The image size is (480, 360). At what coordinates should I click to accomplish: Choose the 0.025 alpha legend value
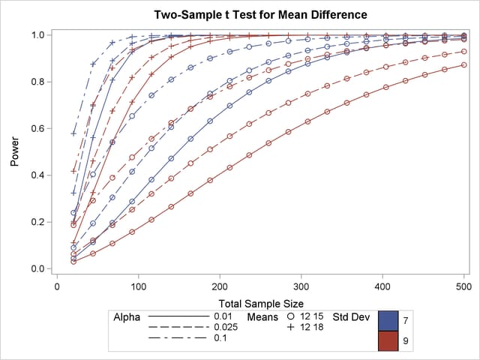coord(226,328)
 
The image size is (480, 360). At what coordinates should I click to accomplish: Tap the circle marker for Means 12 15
coord(291,317)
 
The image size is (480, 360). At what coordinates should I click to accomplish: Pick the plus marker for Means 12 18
coord(291,328)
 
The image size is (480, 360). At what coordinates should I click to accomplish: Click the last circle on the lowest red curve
coord(464,65)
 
